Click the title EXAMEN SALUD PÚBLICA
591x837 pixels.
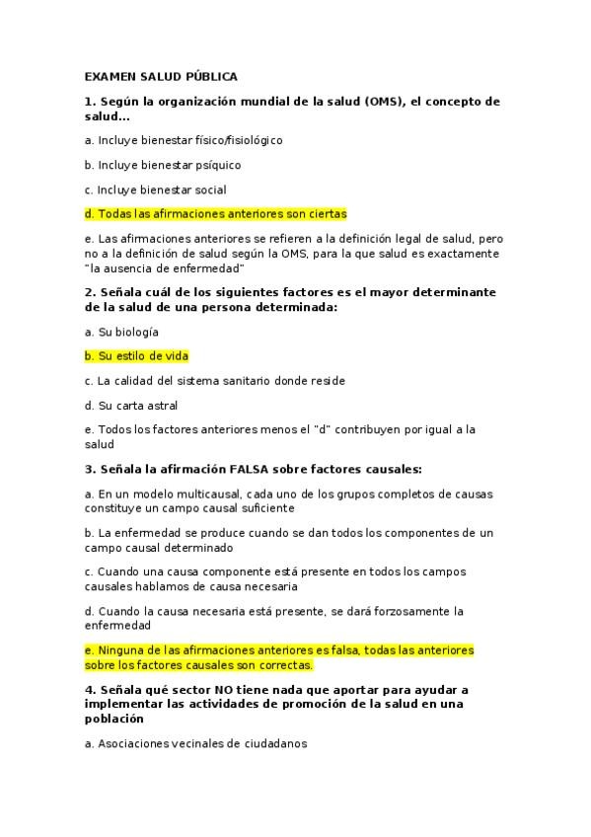161,76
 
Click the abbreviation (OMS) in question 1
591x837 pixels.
384,102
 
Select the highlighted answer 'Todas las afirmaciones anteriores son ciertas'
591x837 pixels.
216,213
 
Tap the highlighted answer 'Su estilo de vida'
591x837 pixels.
137,355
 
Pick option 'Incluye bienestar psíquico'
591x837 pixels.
163,165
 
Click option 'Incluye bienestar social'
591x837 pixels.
155,190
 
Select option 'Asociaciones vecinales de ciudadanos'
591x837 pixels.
195,744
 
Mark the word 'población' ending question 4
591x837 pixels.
115,720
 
